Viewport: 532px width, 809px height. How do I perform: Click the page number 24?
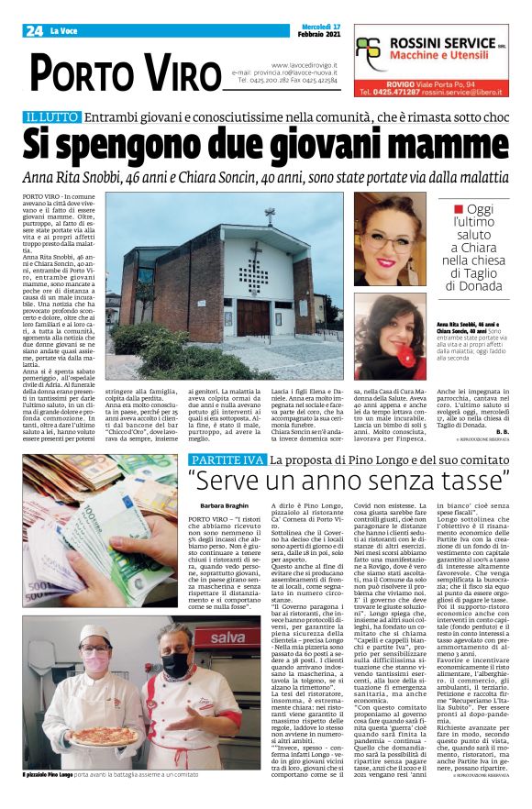[x=34, y=30]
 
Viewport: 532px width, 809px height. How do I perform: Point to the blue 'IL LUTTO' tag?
[x=51, y=116]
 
